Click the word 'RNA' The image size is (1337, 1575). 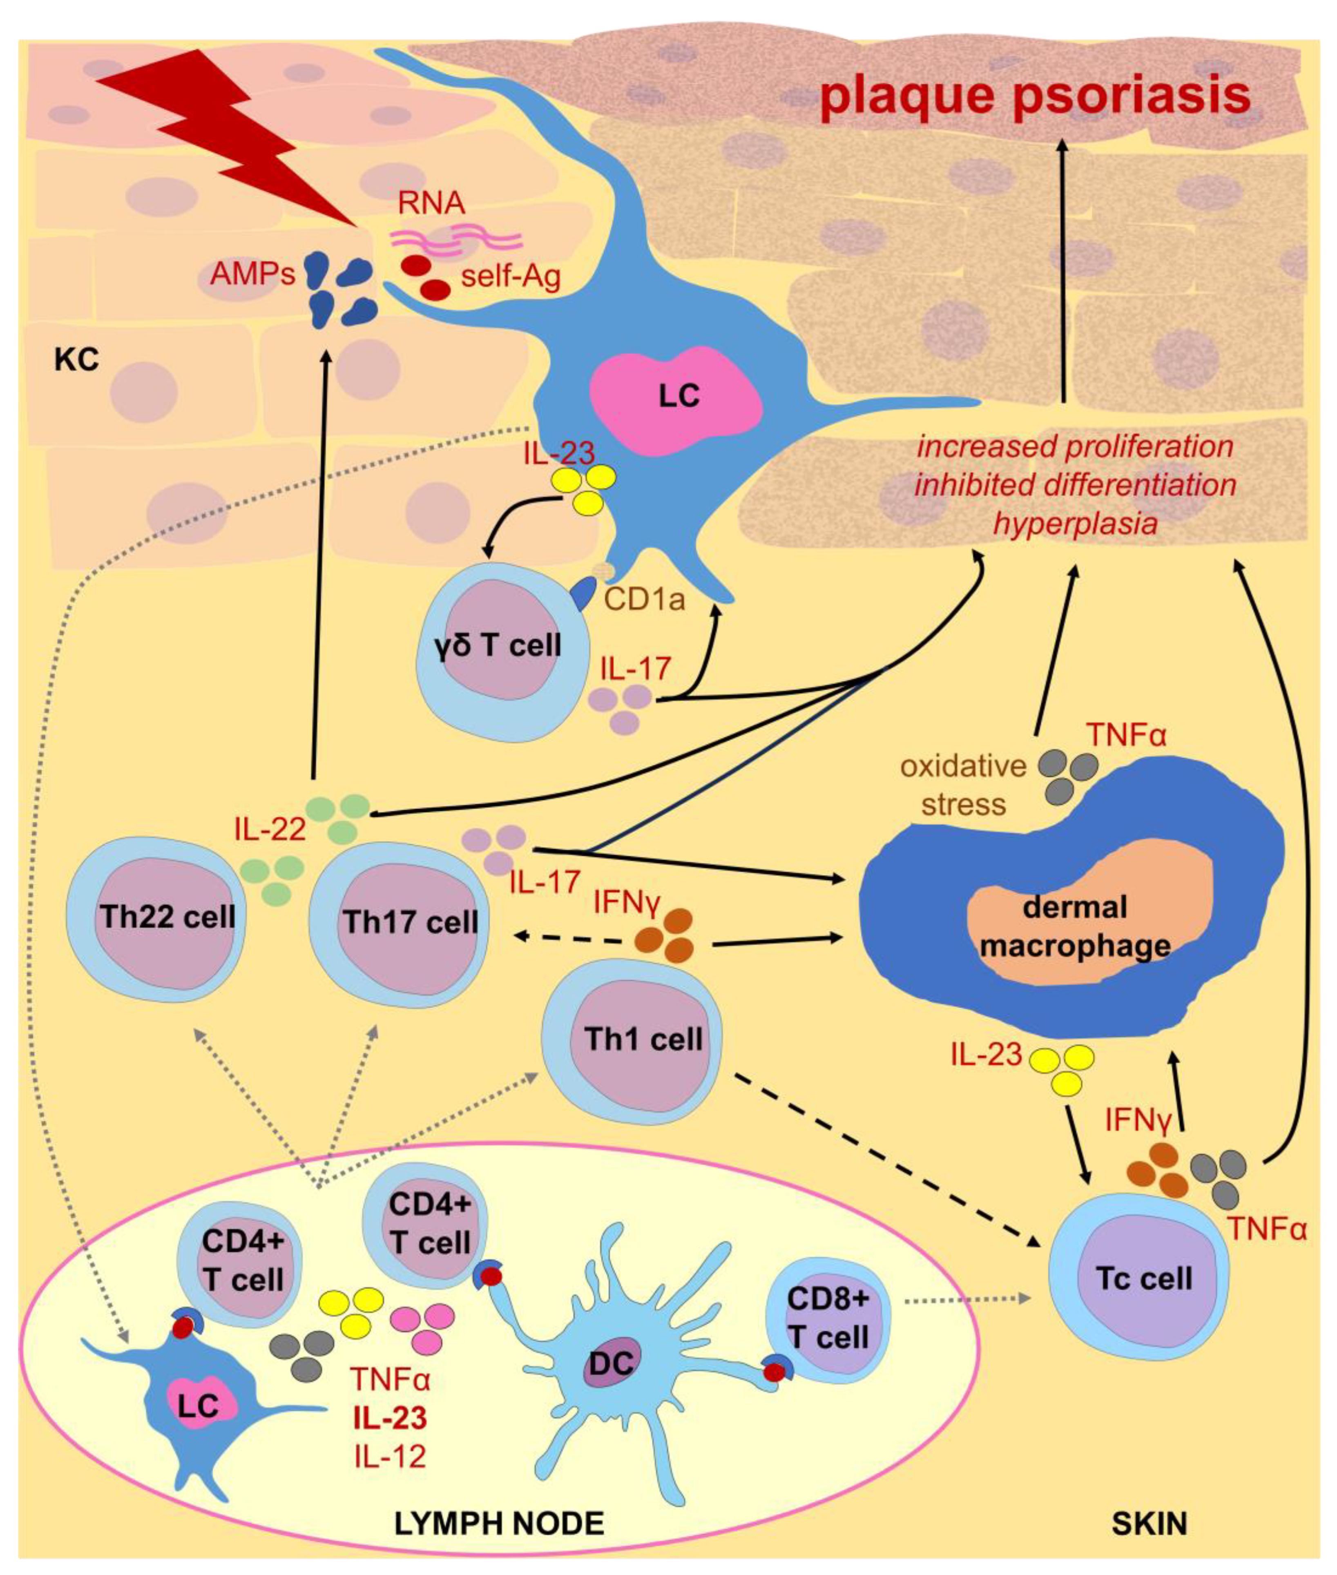point(431,203)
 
